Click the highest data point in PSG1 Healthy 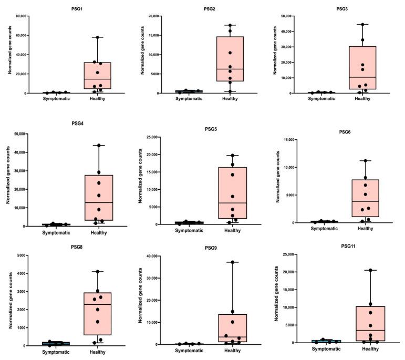click(x=95, y=37)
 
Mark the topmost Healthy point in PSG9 click(x=232, y=262)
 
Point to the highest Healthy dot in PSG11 click(x=370, y=270)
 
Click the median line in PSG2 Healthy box click(x=232, y=69)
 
